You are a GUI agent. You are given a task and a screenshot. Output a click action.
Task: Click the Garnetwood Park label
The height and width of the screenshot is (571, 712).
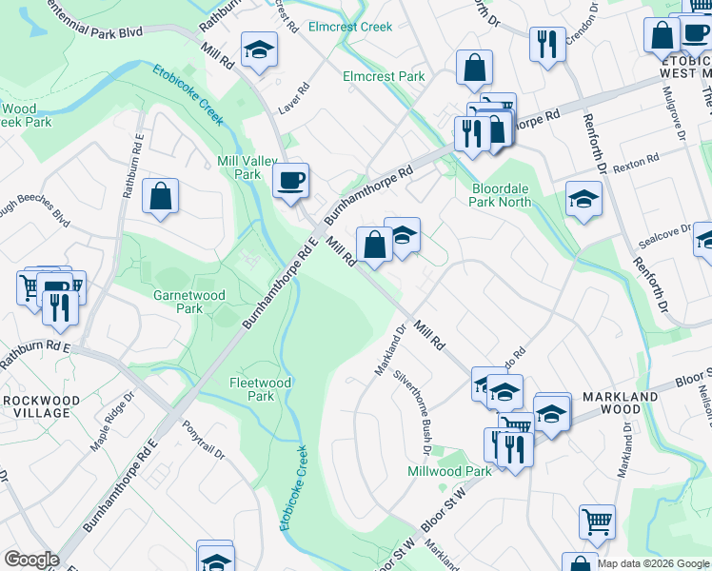click(x=189, y=302)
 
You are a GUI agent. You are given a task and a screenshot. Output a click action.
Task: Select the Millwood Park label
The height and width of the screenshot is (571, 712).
click(x=449, y=471)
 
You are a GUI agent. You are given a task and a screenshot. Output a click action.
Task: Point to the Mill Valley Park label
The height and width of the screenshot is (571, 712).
click(x=239, y=167)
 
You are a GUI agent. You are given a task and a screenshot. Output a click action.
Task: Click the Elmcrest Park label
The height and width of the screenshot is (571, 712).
click(x=384, y=76)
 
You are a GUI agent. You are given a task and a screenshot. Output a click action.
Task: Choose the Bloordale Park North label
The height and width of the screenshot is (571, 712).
click(x=514, y=195)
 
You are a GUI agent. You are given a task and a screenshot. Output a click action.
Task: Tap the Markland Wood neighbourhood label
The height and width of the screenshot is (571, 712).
click(x=621, y=403)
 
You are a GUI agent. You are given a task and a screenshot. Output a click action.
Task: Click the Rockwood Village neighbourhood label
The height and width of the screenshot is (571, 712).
click(x=35, y=406)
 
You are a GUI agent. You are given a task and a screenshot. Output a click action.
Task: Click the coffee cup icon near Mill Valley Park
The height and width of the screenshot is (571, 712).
click(x=290, y=179)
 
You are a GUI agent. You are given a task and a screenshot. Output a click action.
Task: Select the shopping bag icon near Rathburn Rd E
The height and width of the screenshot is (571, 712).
click(x=161, y=197)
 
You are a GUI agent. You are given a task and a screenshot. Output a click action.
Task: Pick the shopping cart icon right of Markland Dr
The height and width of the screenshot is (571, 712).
click(x=597, y=521)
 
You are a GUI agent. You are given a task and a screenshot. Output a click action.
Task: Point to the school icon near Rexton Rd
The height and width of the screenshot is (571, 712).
click(x=583, y=199)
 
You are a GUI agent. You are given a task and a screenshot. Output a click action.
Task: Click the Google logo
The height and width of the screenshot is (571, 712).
click(x=31, y=560)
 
